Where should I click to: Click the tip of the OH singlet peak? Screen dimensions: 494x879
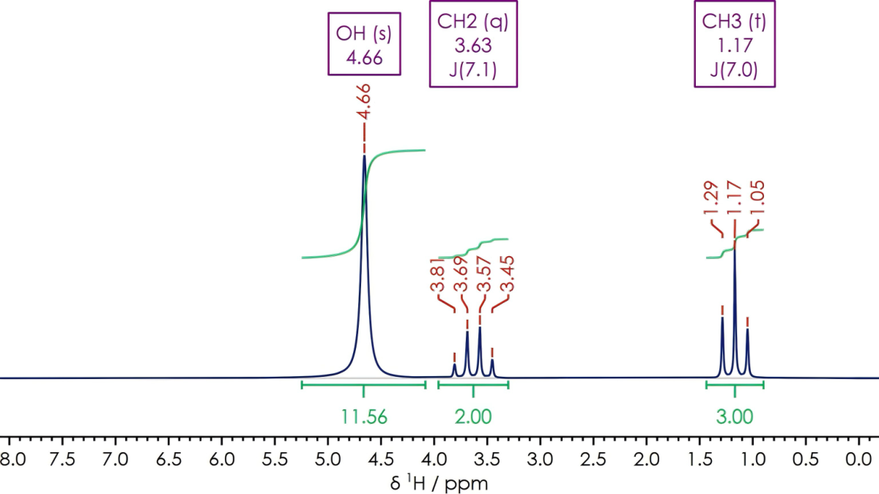pyautogui.click(x=364, y=156)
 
